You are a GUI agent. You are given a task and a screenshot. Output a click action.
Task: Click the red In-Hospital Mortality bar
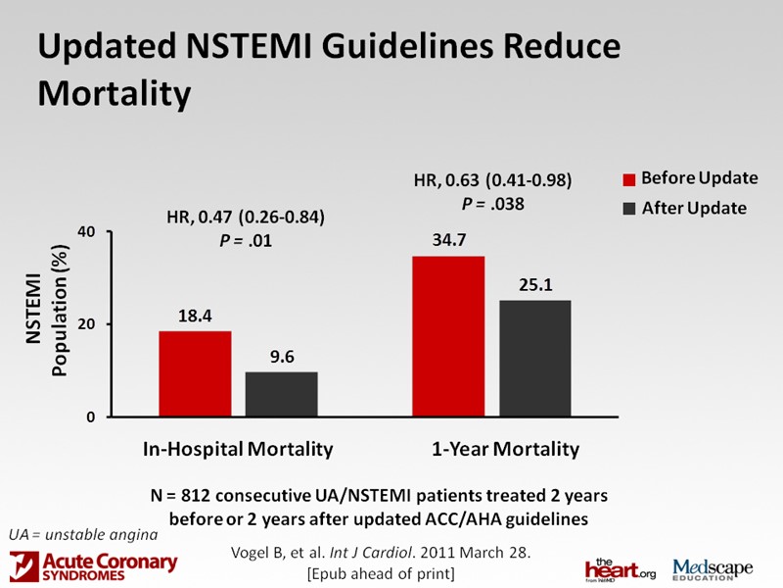tap(195, 373)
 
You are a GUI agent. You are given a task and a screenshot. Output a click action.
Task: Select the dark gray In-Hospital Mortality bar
tap(282, 394)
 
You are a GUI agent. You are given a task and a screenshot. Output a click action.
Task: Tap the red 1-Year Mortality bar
tap(447, 336)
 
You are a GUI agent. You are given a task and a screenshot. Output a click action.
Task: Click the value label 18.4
tap(195, 317)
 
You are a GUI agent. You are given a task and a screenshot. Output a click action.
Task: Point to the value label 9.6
tap(282, 357)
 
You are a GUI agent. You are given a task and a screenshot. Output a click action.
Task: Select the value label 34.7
tap(447, 240)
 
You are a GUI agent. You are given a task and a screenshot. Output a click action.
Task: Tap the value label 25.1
tap(534, 285)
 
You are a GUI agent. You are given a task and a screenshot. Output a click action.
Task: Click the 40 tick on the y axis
tap(86, 232)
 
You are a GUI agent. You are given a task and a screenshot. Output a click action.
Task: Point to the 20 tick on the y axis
tap(86, 324)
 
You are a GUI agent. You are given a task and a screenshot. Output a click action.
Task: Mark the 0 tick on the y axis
tap(90, 416)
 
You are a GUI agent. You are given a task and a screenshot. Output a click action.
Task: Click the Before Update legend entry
tap(691, 178)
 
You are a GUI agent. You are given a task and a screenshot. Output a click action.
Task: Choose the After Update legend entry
tap(685, 208)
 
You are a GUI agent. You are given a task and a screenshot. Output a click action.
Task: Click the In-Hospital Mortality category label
tap(238, 450)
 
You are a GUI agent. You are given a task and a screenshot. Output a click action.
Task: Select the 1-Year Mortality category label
tap(505, 450)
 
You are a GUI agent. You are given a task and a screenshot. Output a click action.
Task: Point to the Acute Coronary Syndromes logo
tap(94, 565)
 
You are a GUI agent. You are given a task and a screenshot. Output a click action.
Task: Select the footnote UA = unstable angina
tap(82, 534)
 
